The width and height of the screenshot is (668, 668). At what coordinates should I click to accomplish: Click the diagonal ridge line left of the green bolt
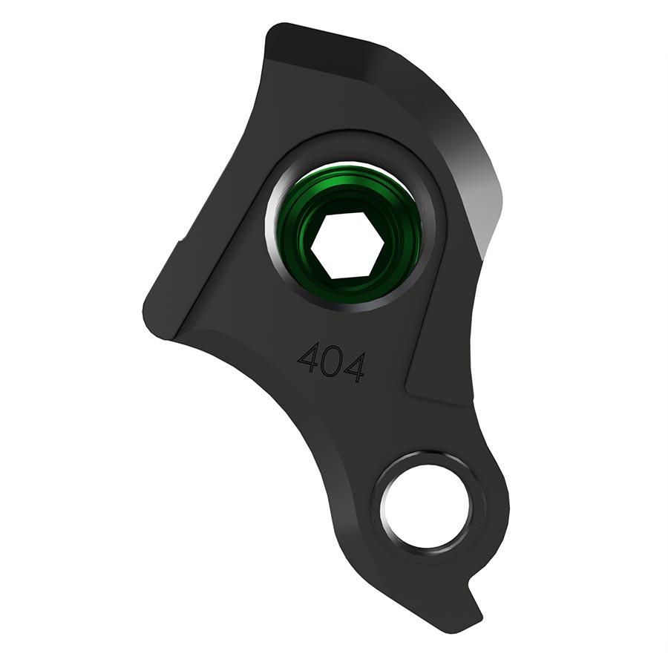coord(215,245)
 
